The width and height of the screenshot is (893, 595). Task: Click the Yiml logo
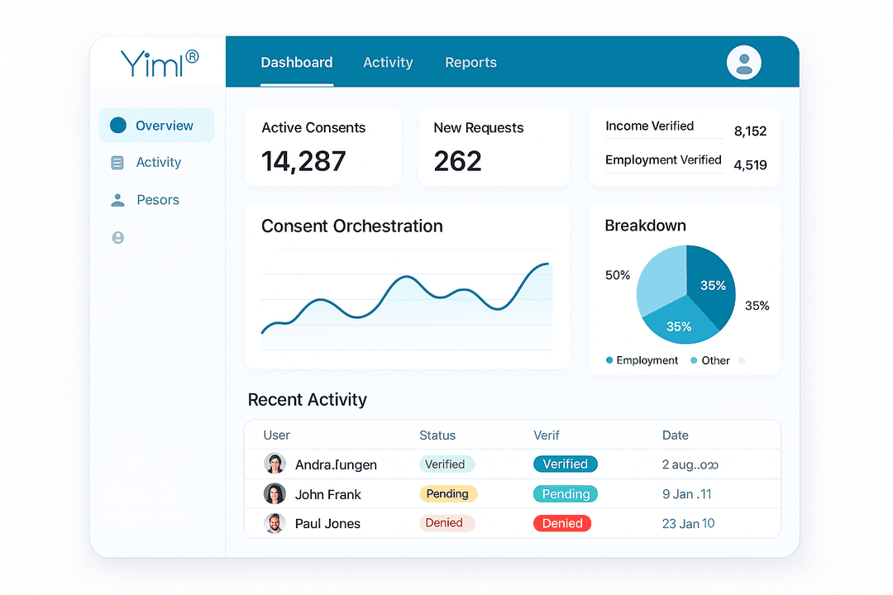pos(160,63)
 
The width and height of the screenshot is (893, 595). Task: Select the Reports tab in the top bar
pos(470,63)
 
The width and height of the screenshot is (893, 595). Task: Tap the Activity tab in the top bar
pos(388,63)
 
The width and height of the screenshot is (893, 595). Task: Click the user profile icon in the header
pos(743,63)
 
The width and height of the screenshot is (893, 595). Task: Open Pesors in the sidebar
pos(157,200)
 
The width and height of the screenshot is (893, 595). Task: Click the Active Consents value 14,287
pos(303,161)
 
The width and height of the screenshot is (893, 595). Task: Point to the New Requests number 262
pos(457,161)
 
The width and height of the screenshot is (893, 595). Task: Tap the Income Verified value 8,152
pos(750,131)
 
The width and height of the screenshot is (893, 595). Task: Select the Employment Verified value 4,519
pos(750,164)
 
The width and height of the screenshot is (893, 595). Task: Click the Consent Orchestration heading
pos(351,226)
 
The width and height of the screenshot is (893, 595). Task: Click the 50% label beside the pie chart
pos(618,275)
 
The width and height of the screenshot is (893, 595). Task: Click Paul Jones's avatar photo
pos(275,523)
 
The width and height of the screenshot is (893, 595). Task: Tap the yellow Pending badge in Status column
pos(447,494)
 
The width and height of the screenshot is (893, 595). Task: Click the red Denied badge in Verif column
pos(562,523)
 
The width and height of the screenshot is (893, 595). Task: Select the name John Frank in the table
pos(328,494)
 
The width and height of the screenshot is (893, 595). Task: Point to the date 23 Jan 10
pos(688,523)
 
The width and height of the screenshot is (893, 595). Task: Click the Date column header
pos(675,436)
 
